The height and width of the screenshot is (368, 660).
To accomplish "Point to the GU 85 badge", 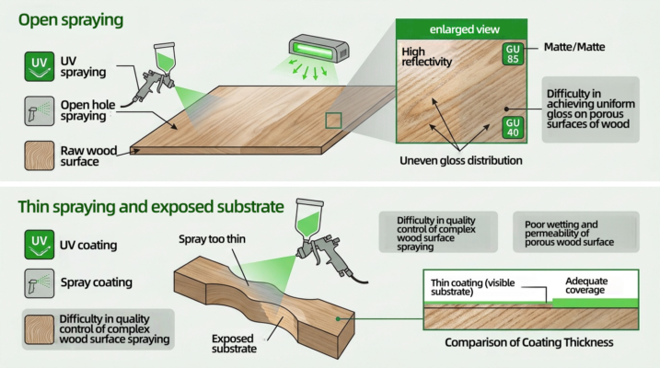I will (513, 54).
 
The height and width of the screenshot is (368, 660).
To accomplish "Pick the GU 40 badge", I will (513, 128).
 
